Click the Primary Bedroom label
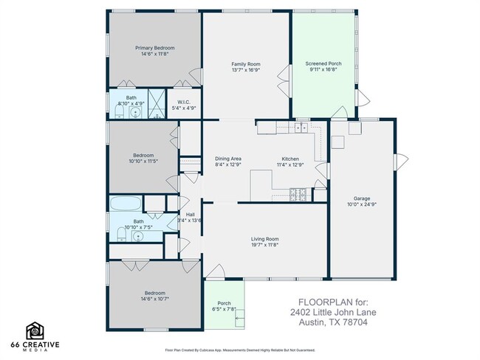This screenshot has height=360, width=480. tap(154, 48)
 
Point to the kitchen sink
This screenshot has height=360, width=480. tap(301, 128)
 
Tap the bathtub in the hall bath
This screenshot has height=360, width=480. tap(126, 204)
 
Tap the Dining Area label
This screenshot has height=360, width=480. tap(228, 159)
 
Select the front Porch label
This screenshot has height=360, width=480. tap(224, 303)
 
